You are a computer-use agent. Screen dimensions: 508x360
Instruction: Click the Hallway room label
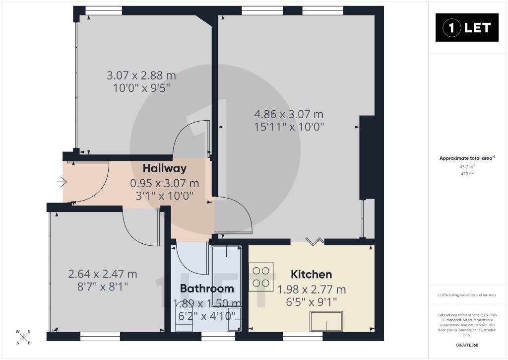coord(165,168)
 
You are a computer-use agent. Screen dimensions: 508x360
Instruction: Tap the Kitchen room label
coord(312,275)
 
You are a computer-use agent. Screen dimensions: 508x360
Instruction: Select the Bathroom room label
coord(207,288)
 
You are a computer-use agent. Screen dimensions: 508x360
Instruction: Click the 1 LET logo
coord(467,28)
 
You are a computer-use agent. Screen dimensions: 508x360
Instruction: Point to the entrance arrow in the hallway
coord(62,182)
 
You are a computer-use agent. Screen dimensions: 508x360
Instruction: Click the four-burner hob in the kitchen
coord(261,277)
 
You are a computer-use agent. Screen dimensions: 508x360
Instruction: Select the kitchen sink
coord(326,321)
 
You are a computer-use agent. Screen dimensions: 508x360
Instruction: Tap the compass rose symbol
coord(23,337)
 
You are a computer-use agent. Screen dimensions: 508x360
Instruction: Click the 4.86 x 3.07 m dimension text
coord(289,114)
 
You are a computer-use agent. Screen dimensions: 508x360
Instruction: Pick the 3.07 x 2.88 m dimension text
coord(141,75)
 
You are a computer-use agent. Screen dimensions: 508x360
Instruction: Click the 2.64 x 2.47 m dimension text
coord(103,275)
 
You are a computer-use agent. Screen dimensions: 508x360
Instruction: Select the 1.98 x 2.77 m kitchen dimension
coord(312,289)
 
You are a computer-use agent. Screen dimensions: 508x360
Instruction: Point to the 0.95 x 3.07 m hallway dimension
coord(164,184)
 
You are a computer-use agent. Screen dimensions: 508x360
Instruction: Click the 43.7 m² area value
coord(467,167)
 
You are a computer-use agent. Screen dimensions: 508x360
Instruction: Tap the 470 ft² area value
coord(467,174)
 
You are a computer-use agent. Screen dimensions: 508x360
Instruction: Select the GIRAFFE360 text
coord(467,345)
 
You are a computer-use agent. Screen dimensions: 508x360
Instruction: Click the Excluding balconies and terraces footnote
coord(467,295)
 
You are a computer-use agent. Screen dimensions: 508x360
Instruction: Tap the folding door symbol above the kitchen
coord(315,242)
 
